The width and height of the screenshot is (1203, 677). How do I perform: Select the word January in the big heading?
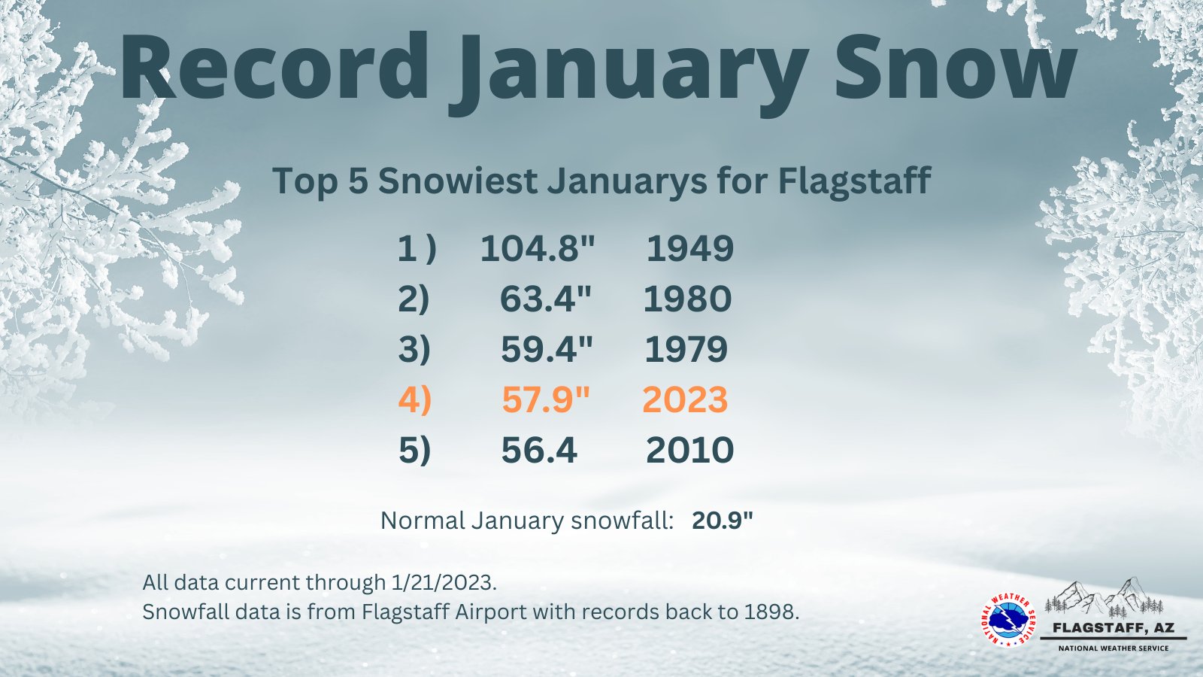tap(628, 71)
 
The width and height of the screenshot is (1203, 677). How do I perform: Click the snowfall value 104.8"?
tap(538, 249)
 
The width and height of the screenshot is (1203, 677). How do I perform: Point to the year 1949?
tap(689, 249)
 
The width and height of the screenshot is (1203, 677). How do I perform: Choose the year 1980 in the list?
tap(687, 299)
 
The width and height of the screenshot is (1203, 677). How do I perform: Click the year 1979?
tap(686, 350)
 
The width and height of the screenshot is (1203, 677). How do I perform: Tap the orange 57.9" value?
tap(546, 400)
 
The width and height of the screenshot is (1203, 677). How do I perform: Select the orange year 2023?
tap(685, 400)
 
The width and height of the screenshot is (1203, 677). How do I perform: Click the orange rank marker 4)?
tap(414, 400)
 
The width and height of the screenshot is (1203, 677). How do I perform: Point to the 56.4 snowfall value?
tap(539, 451)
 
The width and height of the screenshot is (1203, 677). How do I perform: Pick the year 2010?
tap(689, 451)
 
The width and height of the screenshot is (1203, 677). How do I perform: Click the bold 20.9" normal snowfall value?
tap(723, 521)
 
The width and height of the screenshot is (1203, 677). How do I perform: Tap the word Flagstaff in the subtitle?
tap(854, 181)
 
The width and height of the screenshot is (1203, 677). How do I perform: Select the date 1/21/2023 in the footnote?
tap(444, 582)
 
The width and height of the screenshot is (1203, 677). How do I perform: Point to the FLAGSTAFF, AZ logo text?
tap(1113, 628)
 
